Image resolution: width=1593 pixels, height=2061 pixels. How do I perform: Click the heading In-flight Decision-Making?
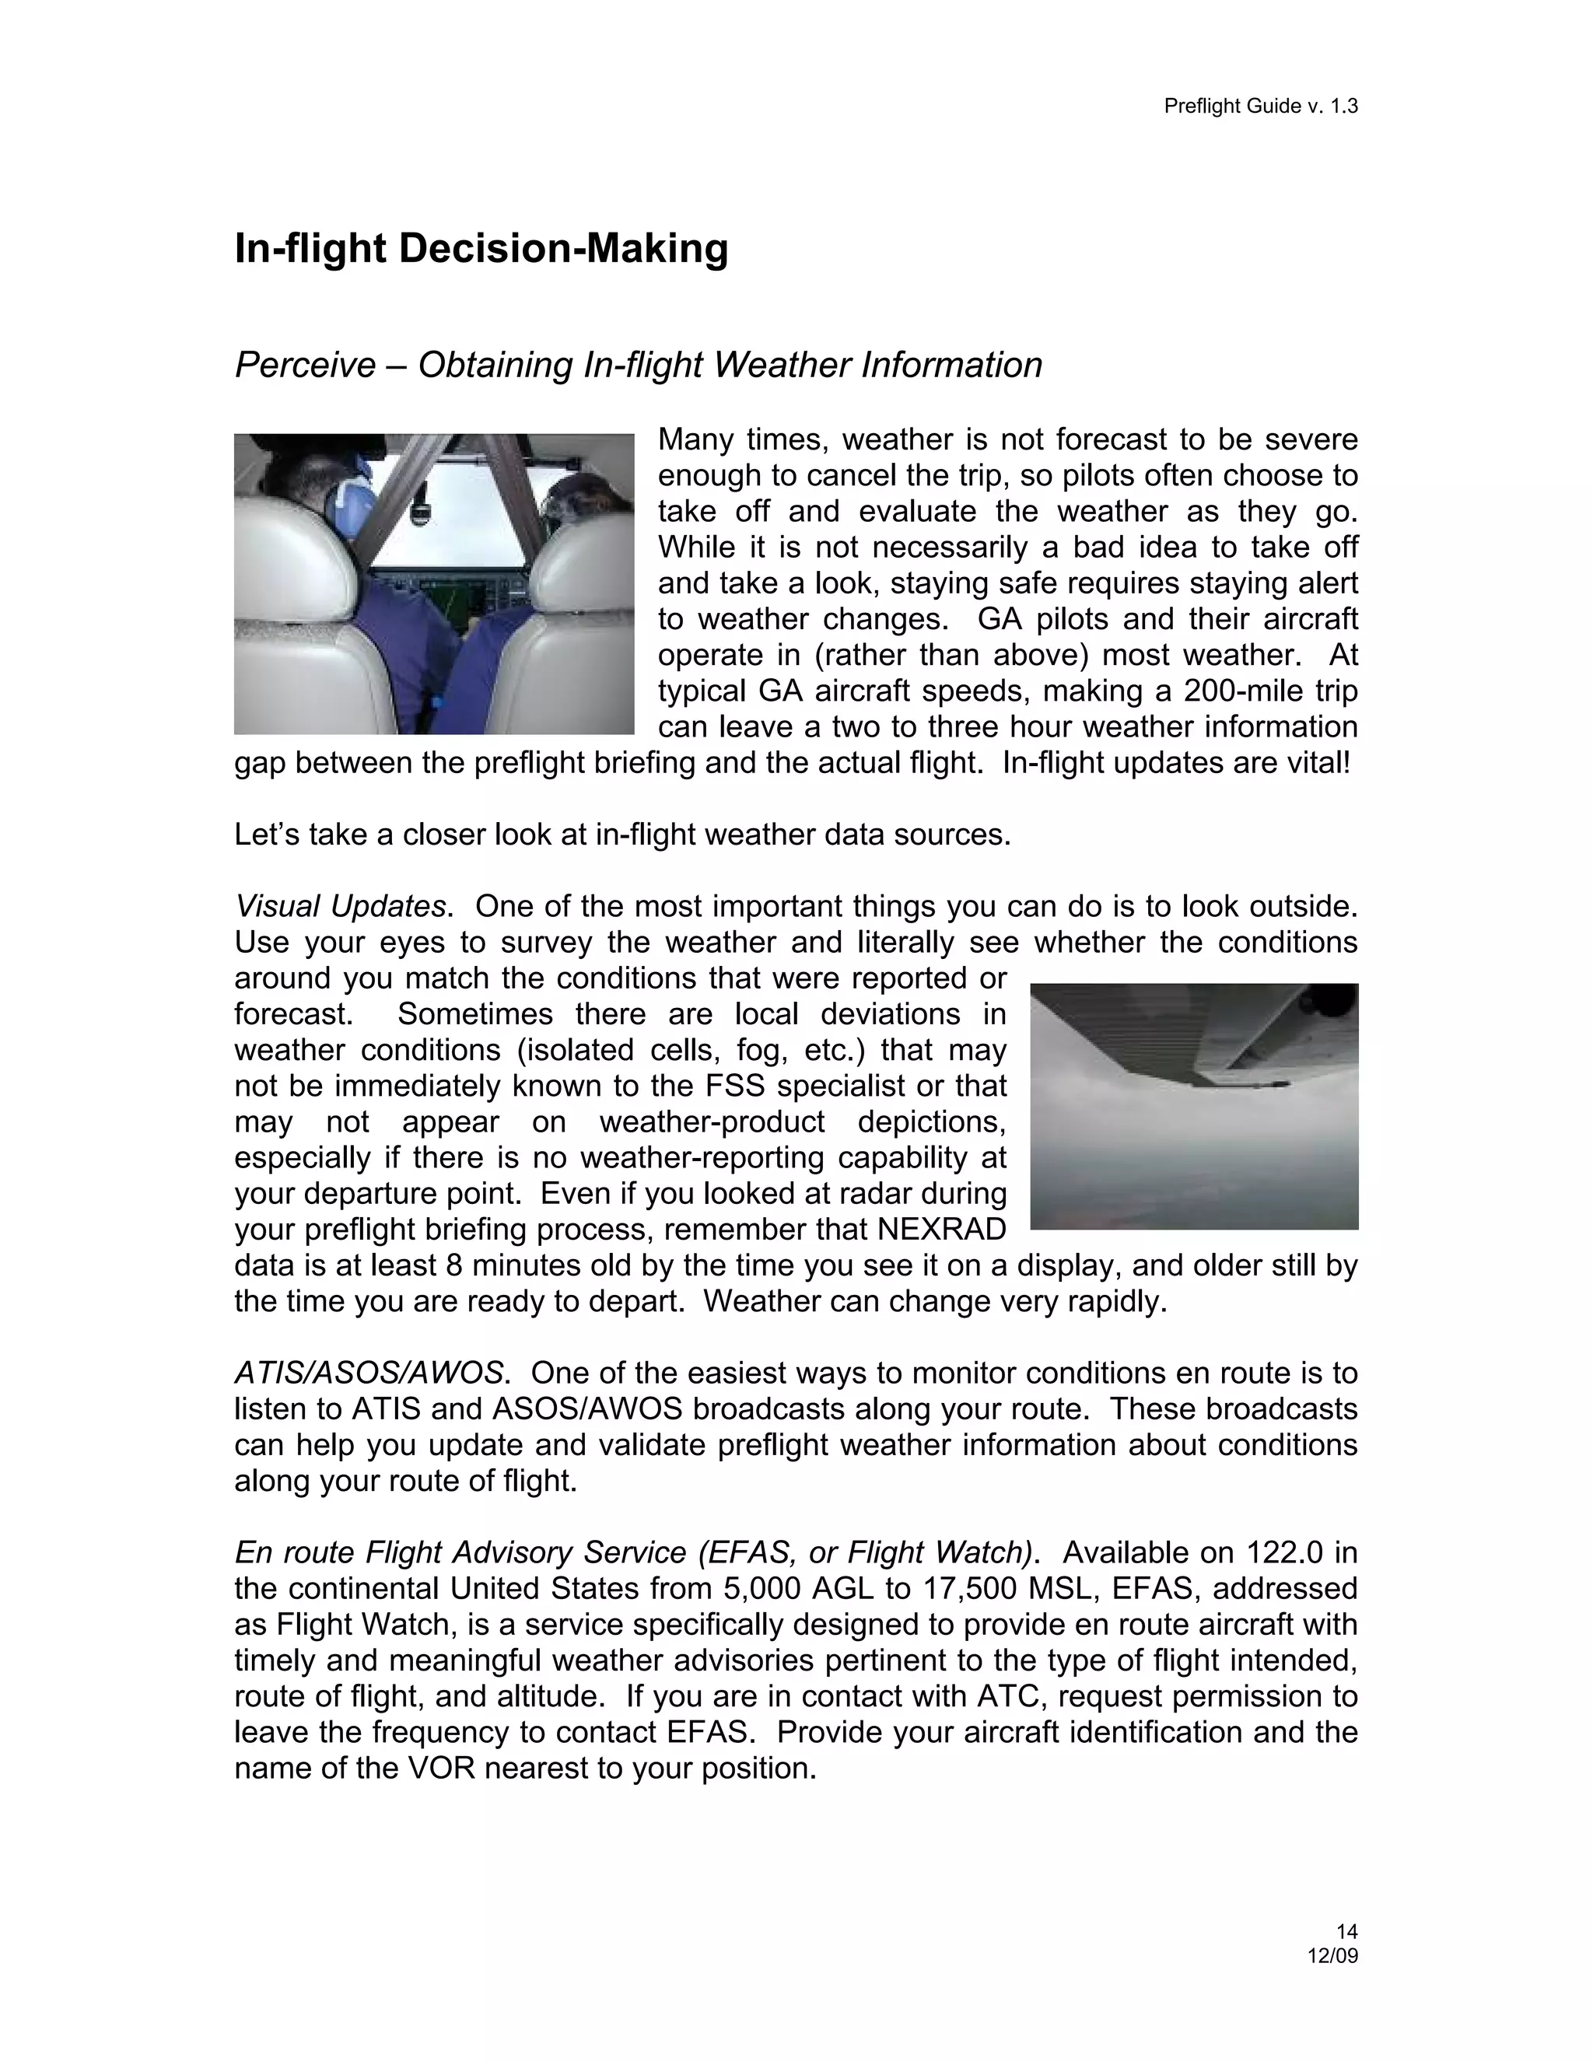[x=481, y=249]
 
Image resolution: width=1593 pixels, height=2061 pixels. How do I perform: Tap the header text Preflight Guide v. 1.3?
[x=1260, y=107]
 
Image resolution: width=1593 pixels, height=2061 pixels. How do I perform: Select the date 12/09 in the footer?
[x=1332, y=1955]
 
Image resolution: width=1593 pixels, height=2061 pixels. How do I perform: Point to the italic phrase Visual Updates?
[x=340, y=907]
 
